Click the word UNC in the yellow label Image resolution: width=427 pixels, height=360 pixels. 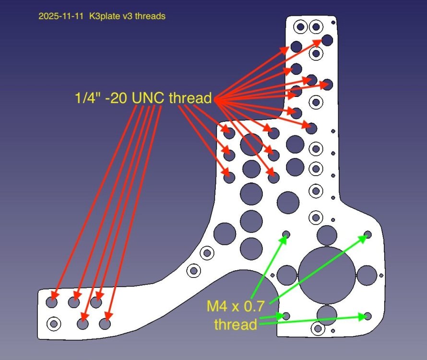147,98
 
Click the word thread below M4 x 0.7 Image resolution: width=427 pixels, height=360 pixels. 235,324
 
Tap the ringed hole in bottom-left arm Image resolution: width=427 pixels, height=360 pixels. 53,324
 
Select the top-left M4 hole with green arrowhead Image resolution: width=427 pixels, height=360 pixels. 286,234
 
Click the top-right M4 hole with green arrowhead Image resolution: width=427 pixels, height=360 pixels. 368,234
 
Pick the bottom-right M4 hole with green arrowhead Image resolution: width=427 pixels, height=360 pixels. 368,316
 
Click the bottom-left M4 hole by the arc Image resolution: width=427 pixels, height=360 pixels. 286,316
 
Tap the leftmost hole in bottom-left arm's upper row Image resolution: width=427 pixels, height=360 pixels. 52,303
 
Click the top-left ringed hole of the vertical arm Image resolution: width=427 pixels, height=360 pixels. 300,26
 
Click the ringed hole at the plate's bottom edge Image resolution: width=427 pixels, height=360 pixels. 317,329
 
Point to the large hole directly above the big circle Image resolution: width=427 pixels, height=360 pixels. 327,235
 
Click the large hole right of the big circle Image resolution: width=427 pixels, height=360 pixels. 367,275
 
